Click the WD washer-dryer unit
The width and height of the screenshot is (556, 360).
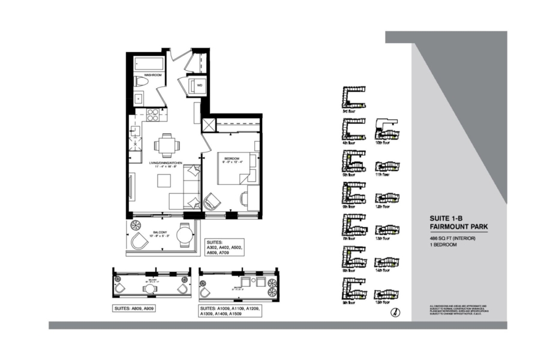click(x=198, y=86)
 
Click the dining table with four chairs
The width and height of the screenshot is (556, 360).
click(x=166, y=145)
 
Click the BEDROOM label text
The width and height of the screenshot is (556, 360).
click(x=232, y=158)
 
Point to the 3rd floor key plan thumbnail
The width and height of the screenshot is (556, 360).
click(x=353, y=98)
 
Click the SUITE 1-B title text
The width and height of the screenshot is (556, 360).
click(x=447, y=218)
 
